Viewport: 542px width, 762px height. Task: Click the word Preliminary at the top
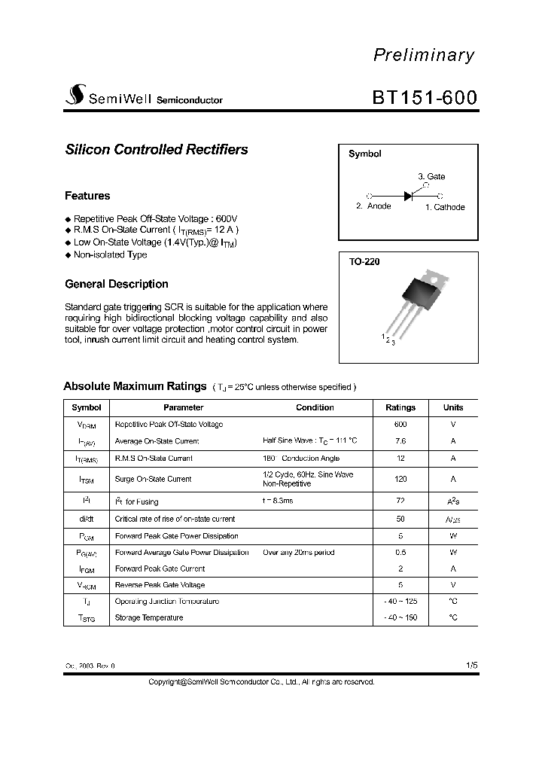coord(424,55)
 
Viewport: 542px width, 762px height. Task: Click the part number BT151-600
coord(424,99)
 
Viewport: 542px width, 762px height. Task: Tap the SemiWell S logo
coord(75,96)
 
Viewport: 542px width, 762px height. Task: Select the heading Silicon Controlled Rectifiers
coord(157,149)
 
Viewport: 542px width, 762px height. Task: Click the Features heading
coord(87,196)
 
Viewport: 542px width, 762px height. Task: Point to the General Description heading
coord(117,284)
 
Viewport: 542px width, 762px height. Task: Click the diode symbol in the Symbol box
coord(408,195)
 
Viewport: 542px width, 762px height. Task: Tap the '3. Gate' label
coord(431,176)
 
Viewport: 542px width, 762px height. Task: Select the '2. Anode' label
coord(373,206)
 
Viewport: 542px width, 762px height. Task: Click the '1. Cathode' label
coord(445,207)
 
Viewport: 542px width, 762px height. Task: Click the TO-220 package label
coord(364,262)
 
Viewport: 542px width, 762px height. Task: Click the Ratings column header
coord(400,407)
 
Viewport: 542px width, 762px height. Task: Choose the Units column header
coord(453,407)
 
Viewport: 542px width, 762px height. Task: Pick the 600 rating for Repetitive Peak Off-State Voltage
coord(400,424)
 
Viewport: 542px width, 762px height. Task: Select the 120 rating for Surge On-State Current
coord(400,479)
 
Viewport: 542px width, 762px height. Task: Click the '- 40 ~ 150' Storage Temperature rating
coord(400,617)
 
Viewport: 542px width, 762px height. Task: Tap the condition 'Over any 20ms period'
coord(299,553)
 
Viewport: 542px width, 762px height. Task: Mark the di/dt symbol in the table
coord(86,519)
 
